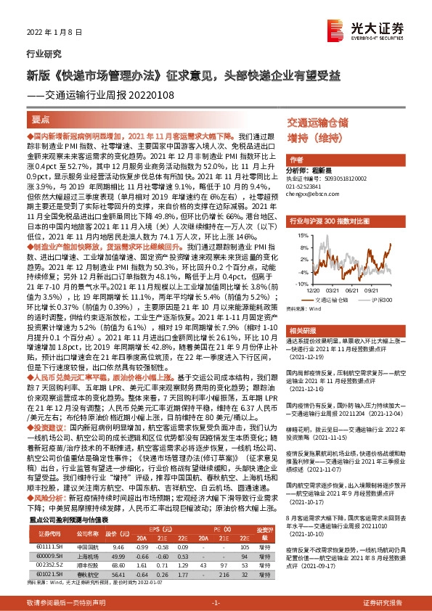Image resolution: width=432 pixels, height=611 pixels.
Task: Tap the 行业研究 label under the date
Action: click(40, 53)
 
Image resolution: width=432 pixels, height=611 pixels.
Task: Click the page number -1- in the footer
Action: click(216, 603)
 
